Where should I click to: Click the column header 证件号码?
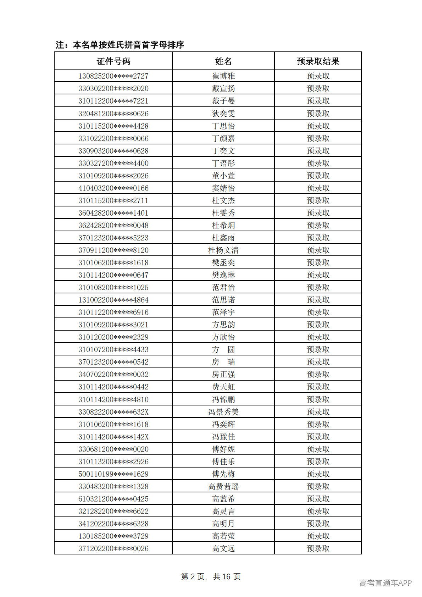pos(113,61)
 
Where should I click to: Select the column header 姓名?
pos(223,61)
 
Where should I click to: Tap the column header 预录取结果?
pos(318,61)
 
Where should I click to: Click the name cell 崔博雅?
pos(223,76)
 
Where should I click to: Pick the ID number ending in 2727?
pos(113,76)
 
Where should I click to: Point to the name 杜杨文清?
pos(223,250)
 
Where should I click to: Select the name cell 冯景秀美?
pos(223,412)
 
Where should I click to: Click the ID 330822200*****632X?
pos(113,412)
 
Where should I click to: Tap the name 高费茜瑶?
pos(223,486)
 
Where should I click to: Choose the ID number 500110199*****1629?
pos(113,474)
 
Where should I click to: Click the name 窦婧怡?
pos(223,188)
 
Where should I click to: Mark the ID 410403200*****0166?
pos(113,188)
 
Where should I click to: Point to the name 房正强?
pos(223,374)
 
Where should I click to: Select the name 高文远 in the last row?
pos(223,548)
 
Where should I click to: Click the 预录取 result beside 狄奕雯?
pos(318,114)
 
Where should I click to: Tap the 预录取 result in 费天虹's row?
pos(318,387)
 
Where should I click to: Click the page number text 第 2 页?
pos(193,576)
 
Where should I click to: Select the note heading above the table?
pos(120,45)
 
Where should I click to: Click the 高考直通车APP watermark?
pos(385,583)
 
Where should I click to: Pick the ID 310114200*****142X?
pos(113,437)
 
